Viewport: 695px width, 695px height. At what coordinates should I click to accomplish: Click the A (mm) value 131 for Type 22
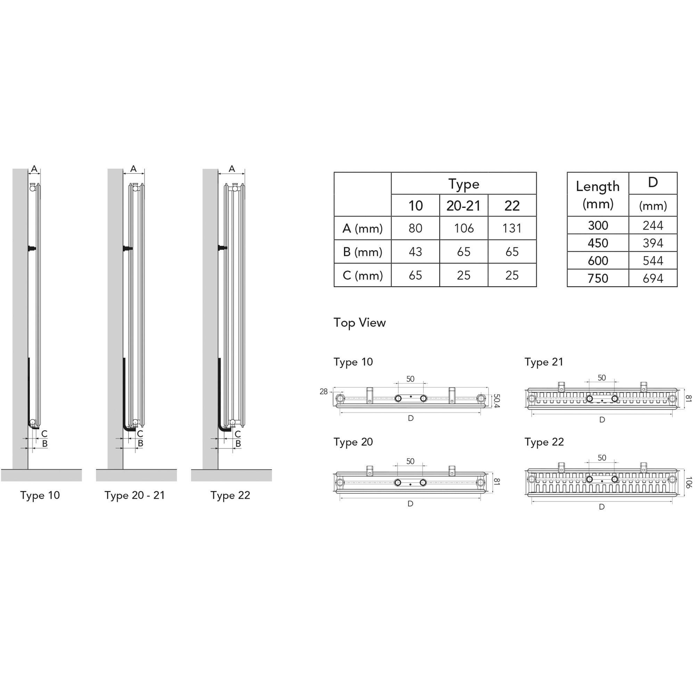click(x=512, y=228)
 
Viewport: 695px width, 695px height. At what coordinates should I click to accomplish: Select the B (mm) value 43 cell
click(x=416, y=252)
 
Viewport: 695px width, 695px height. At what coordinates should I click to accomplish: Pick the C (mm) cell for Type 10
click(x=416, y=275)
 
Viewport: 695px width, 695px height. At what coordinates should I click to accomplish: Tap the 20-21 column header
click(x=464, y=205)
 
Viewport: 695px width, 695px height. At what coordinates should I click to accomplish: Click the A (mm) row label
click(x=362, y=228)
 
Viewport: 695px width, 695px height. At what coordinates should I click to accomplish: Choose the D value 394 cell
click(x=653, y=243)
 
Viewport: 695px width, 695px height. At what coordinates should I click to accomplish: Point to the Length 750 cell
click(x=598, y=278)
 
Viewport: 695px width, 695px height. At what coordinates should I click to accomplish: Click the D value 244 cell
click(x=653, y=225)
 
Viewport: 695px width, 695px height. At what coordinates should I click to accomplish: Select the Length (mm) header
click(x=598, y=195)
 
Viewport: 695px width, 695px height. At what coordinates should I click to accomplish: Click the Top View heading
click(x=359, y=323)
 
